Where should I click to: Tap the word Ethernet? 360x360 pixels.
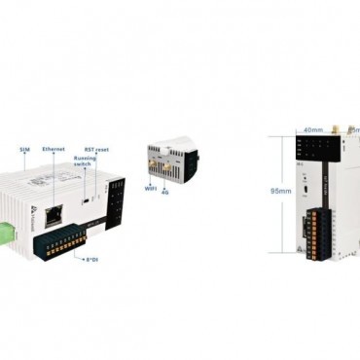coord(54,149)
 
